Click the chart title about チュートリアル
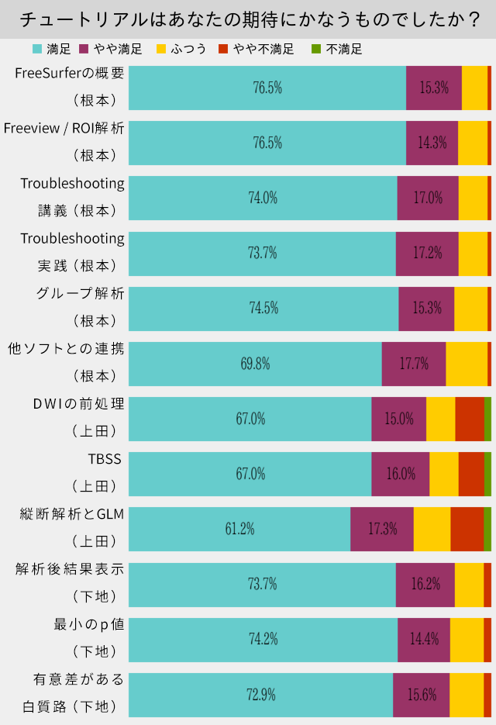[x=248, y=19]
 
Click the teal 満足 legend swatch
[x=37, y=49]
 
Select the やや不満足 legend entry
[x=263, y=49]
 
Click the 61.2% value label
[x=240, y=529]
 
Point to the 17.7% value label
[x=414, y=364]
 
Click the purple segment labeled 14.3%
[x=432, y=143]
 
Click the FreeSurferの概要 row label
[x=70, y=74]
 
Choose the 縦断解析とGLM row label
[x=72, y=514]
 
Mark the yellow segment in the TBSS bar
[x=444, y=474]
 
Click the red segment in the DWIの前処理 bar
[x=470, y=419]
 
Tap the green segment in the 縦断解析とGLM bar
[x=487, y=529]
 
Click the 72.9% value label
[x=261, y=694]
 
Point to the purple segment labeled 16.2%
[x=425, y=584]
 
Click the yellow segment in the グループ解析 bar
[x=470, y=309]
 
